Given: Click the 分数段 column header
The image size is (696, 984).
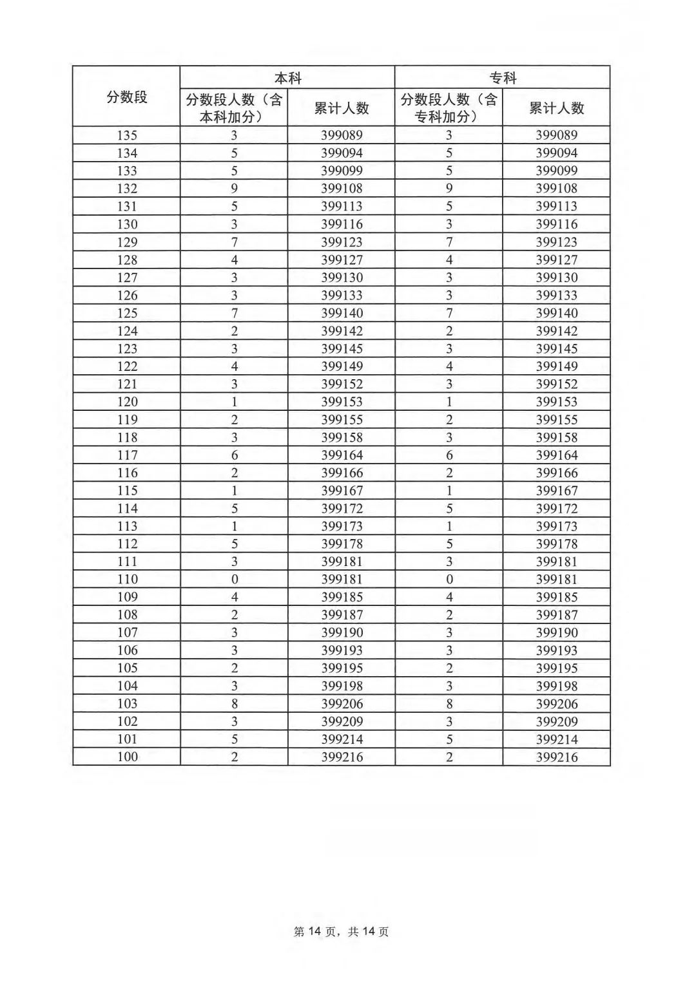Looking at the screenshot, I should coord(127,97).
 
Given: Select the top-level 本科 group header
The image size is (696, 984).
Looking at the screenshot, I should coord(287,78).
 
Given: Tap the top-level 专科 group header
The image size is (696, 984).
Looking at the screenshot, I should coord(503,78).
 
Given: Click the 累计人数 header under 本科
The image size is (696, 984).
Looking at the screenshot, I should coord(342,108).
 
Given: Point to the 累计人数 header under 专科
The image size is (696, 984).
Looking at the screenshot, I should coord(557,108).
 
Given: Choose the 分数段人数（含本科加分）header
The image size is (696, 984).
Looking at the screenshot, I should coord(234,108).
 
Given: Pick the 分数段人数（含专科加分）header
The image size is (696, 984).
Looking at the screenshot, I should coord(449,108).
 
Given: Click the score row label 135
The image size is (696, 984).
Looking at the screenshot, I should coord(127,135).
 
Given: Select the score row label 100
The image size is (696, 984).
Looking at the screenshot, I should coord(127,757).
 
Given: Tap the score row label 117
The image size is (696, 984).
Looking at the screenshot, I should coord(127,455).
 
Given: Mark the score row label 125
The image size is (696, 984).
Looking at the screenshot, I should coord(127,313).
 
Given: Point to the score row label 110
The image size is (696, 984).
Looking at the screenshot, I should coord(127,580).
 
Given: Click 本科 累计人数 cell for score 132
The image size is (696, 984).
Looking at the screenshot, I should coord(342,189).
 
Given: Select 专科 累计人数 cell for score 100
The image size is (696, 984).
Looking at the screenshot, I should coord(557,757).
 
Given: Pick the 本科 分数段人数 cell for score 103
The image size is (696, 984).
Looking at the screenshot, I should coord(234,704).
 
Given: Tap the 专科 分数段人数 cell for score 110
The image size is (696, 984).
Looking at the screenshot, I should coord(449,580).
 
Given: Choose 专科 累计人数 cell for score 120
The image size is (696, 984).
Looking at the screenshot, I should coord(557,402).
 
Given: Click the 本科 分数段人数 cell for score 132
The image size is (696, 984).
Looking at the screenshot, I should coord(234,189).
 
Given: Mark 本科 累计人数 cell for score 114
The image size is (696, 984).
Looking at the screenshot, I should coord(342,509).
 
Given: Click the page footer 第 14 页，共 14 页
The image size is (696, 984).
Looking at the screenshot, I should coord(342,932).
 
